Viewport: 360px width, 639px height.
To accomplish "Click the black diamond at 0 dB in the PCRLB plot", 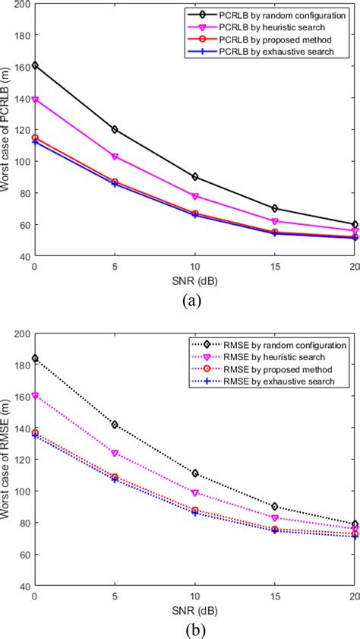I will point(34,65).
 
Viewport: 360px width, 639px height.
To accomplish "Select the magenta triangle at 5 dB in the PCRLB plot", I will point(115,157).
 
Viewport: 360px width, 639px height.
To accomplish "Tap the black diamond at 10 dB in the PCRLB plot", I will point(195,176).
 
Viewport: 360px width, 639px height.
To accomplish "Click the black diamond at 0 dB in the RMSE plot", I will point(34,358).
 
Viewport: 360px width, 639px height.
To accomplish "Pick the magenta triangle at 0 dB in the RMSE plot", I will point(34,396).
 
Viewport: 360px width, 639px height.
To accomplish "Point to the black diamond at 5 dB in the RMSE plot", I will point(115,424).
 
